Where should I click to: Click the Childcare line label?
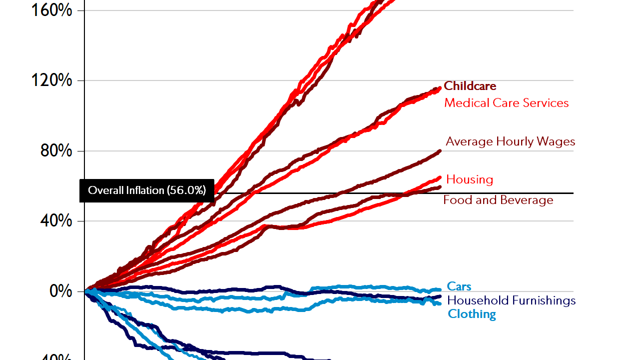click(x=470, y=86)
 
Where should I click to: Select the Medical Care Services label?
click(x=506, y=103)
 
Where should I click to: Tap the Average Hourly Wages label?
click(x=510, y=141)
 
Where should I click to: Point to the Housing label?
click(x=469, y=179)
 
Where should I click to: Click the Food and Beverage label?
click(x=498, y=200)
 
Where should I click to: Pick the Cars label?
click(x=459, y=286)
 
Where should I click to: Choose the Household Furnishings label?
click(x=511, y=300)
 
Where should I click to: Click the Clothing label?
click(x=472, y=314)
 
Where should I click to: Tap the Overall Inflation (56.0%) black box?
click(x=147, y=190)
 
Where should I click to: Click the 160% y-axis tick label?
click(x=51, y=10)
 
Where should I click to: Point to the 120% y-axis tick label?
click(x=51, y=80)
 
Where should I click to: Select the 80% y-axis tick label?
click(x=55, y=150)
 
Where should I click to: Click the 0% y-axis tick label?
click(x=61, y=291)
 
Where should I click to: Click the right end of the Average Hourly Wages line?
click(x=440, y=150)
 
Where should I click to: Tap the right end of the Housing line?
click(x=440, y=177)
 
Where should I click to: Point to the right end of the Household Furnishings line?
click(x=440, y=296)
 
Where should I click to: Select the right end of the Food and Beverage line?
click(x=440, y=187)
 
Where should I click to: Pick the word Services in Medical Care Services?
click(x=548, y=103)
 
